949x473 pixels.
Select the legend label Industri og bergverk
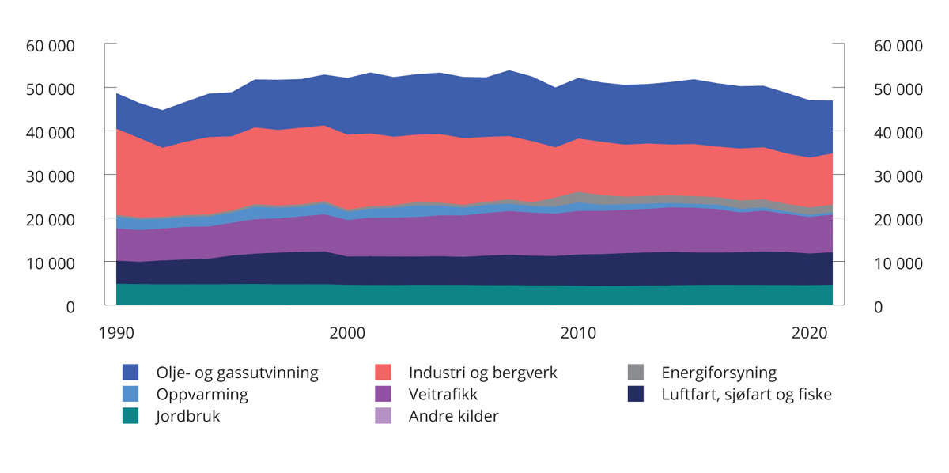(x=482, y=373)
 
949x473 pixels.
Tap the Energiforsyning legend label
(x=719, y=373)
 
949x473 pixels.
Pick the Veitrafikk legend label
(x=443, y=394)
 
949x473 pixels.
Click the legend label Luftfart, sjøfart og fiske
(x=747, y=394)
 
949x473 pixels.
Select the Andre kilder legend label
(x=453, y=416)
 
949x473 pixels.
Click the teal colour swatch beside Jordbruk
(x=130, y=416)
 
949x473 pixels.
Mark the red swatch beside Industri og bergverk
(x=384, y=373)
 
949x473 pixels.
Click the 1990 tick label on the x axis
(x=115, y=334)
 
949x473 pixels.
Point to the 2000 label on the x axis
(x=347, y=334)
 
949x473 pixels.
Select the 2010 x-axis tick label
(x=578, y=334)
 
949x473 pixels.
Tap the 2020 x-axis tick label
(x=810, y=334)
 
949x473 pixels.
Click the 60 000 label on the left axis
(x=50, y=46)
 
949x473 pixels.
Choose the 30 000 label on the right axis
(x=898, y=176)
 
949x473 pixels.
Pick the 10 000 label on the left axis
(x=50, y=263)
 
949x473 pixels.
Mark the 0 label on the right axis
(x=878, y=307)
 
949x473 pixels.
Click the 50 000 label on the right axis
(x=898, y=89)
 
